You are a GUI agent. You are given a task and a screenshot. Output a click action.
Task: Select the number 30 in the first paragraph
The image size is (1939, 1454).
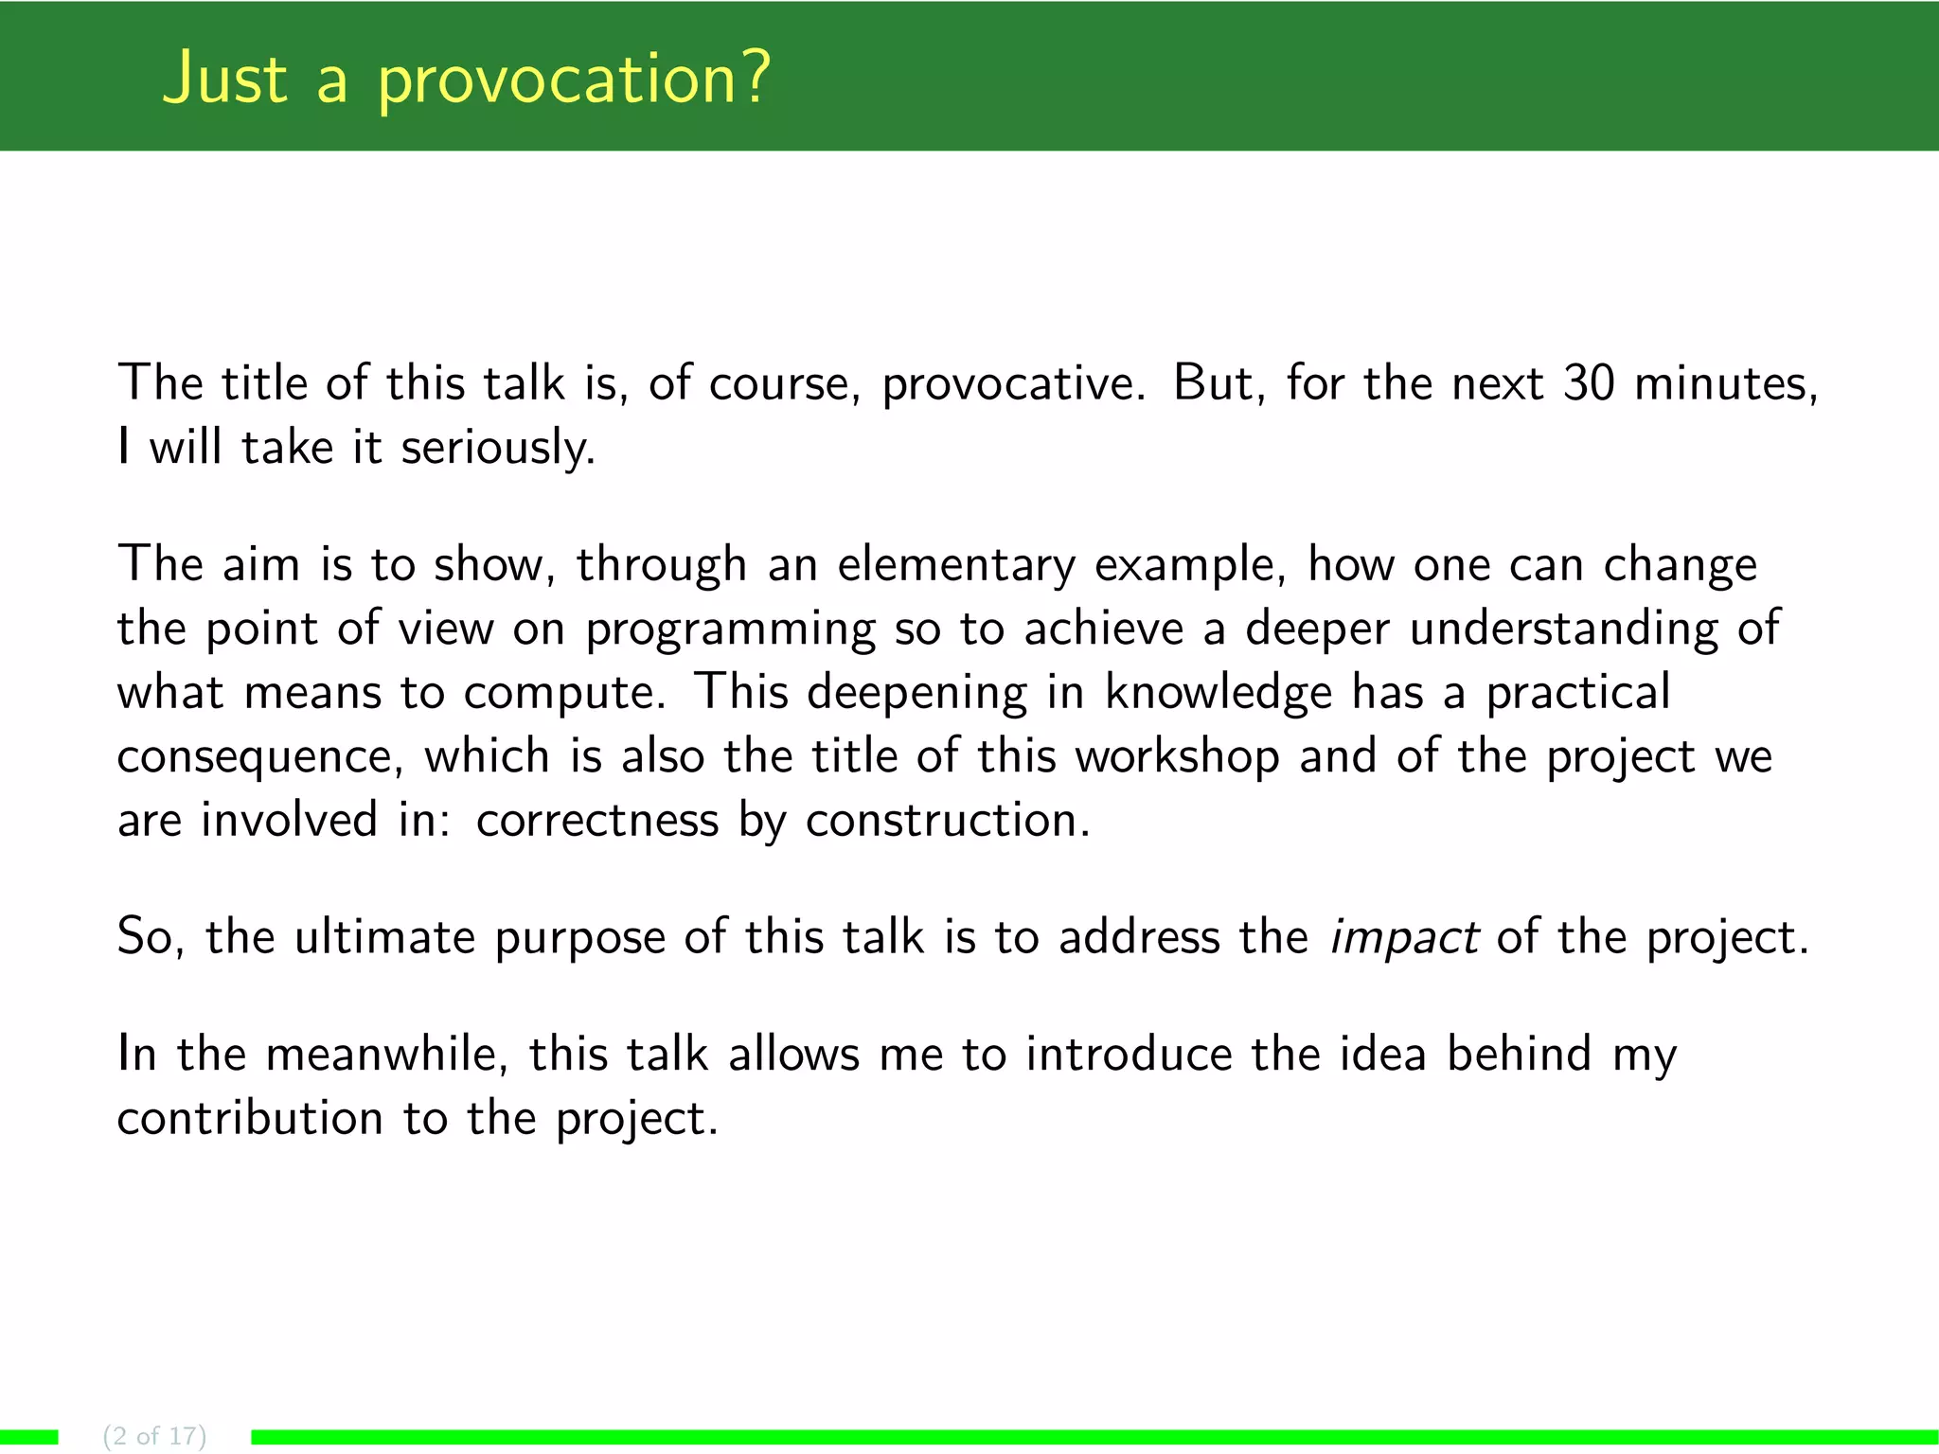pos(1588,383)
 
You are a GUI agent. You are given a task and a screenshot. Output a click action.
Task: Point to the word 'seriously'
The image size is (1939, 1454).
pos(497,449)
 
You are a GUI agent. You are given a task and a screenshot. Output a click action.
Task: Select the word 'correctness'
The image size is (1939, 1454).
pos(597,820)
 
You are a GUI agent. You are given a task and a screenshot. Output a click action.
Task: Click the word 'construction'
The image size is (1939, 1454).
pos(948,820)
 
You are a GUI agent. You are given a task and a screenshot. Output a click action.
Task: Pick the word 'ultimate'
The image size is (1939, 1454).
pos(384,937)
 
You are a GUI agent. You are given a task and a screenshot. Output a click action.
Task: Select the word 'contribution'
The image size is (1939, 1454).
pos(250,1118)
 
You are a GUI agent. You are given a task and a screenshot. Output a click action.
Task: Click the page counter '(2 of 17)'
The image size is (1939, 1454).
pos(154,1436)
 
